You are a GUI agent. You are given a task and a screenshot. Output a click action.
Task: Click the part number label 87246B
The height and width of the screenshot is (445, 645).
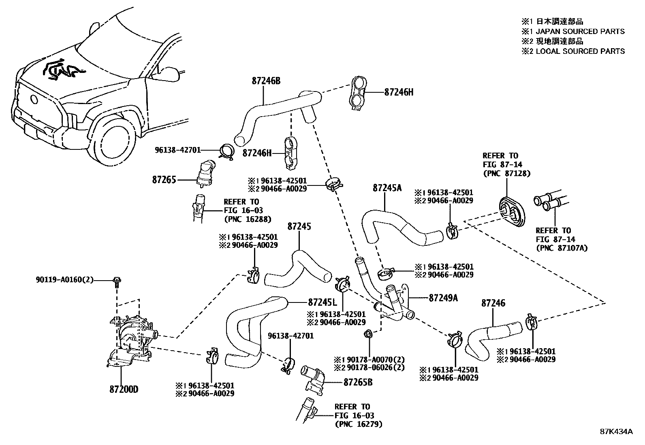266,81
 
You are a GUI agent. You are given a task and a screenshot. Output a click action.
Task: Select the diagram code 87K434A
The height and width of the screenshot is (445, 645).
616,431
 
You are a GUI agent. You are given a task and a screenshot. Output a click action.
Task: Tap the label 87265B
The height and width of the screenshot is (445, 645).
358,382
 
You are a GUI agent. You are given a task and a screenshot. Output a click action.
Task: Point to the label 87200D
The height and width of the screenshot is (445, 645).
124,390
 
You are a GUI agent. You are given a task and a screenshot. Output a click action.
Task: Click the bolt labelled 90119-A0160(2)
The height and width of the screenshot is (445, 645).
117,280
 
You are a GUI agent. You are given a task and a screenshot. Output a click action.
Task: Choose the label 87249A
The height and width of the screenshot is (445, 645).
443,298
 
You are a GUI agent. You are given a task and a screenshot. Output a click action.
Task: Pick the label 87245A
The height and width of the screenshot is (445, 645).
387,188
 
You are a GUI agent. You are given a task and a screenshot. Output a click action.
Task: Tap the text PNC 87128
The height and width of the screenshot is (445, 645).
506,173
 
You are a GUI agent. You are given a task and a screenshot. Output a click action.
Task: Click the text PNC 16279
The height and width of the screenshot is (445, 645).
359,424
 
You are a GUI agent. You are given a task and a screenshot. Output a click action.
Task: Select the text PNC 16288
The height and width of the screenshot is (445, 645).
248,219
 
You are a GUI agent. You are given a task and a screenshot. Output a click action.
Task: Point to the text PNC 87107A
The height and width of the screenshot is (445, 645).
562,247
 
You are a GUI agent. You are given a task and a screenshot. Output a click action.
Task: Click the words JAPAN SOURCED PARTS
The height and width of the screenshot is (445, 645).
580,32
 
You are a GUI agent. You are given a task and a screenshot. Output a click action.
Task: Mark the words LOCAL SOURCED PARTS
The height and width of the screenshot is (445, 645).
580,51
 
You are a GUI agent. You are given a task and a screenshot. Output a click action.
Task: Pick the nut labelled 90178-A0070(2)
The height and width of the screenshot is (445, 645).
368,334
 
